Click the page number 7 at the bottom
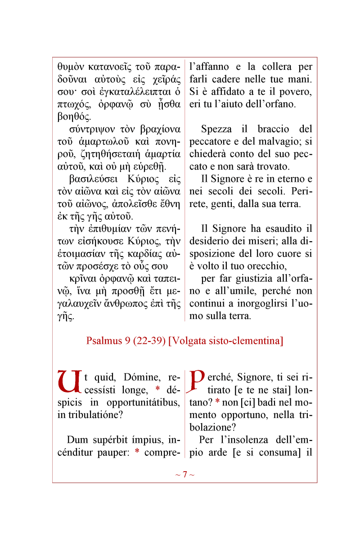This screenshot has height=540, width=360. point(184,475)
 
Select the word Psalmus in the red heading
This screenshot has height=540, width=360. point(102,341)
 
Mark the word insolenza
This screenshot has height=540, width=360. point(253,440)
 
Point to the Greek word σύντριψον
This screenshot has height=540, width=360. point(91,130)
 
